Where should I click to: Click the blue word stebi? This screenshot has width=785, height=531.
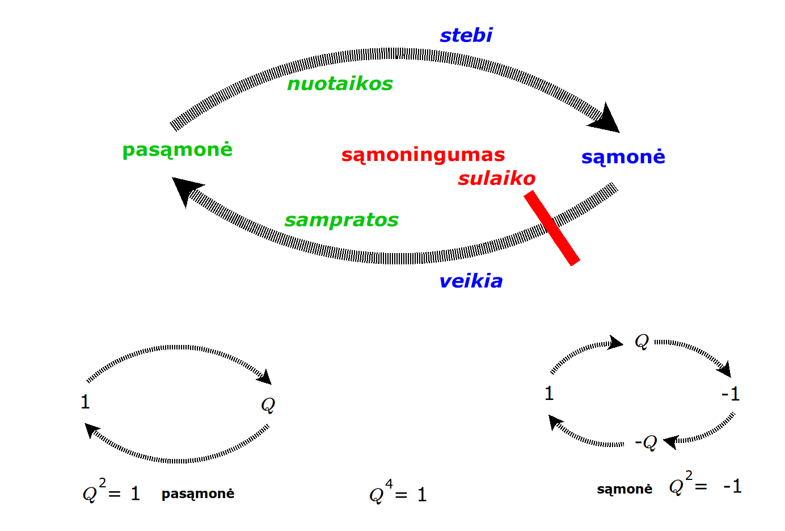pyautogui.click(x=466, y=35)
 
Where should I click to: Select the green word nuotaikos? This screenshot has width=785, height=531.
pyautogui.click(x=340, y=84)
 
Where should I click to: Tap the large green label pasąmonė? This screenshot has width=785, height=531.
pyautogui.click(x=178, y=150)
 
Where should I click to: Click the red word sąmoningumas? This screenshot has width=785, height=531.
pyautogui.click(x=423, y=155)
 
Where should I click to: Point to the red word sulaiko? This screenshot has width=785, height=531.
pyautogui.click(x=496, y=178)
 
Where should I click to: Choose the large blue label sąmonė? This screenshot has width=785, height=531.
pyautogui.click(x=623, y=157)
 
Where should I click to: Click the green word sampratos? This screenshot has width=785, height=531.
pyautogui.click(x=341, y=220)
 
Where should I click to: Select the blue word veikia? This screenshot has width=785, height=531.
pyautogui.click(x=471, y=281)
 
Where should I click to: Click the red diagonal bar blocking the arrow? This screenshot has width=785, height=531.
pyautogui.click(x=551, y=227)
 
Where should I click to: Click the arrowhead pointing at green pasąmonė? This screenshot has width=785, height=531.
pyautogui.click(x=187, y=190)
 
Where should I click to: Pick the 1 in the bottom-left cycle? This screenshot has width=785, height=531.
pyautogui.click(x=85, y=402)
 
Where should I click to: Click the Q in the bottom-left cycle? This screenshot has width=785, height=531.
pyautogui.click(x=268, y=405)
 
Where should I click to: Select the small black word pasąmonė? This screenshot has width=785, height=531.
pyautogui.click(x=197, y=494)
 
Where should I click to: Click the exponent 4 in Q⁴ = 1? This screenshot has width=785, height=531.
pyautogui.click(x=389, y=484)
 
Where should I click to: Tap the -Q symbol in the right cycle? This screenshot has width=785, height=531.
pyautogui.click(x=646, y=442)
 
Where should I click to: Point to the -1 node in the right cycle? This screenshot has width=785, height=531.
pyautogui.click(x=731, y=394)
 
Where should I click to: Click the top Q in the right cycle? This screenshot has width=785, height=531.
pyautogui.click(x=641, y=342)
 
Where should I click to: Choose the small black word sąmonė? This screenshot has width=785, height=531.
pyautogui.click(x=624, y=489)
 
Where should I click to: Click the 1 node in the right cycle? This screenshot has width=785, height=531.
pyautogui.click(x=549, y=393)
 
